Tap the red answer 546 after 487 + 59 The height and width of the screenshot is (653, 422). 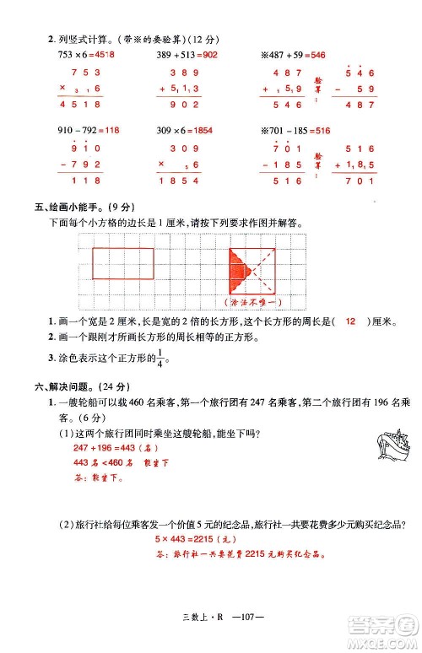point(317,54)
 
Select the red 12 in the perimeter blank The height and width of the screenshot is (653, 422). point(350,321)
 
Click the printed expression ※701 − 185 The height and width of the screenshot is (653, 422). point(283,131)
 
